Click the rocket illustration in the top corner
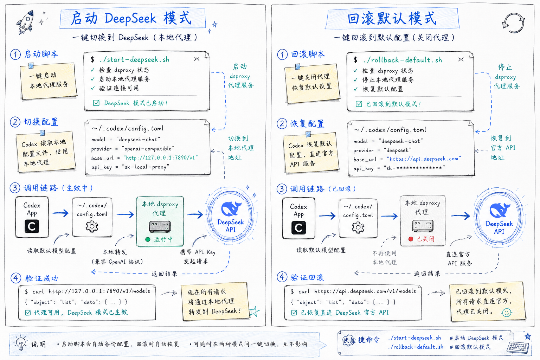point(25,22)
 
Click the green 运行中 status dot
point(148,239)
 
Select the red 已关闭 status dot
point(411,239)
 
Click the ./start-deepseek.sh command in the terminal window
point(134,59)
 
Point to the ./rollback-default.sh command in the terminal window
point(403,60)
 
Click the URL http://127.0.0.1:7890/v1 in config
point(161,158)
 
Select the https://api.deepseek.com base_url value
point(424,159)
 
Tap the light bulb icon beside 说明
point(21,343)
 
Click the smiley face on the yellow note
point(507,313)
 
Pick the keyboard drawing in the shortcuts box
point(518,347)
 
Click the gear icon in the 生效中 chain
point(92,226)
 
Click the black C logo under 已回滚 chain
point(298,227)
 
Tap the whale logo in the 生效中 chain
point(231,209)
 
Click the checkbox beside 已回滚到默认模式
point(359,104)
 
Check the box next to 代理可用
point(28,313)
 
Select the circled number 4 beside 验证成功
point(16,278)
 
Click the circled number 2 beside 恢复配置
point(282,123)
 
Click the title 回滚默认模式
point(392,19)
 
